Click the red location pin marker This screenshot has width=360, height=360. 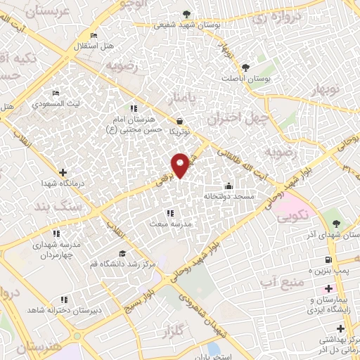180,165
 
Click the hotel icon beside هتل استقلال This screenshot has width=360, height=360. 94,35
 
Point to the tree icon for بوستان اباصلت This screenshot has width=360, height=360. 245,67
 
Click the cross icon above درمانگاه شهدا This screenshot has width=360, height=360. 63,172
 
